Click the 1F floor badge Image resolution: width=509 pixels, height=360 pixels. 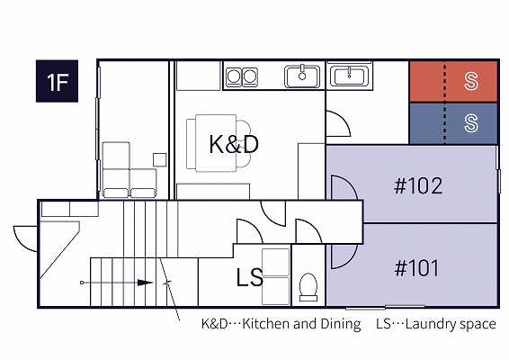pos(57,81)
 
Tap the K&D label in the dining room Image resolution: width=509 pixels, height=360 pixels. pos(234,144)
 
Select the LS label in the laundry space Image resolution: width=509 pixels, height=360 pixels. pos(249,277)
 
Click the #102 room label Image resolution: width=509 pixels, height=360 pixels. pos(418,185)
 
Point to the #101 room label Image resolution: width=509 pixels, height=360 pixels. pos(416,268)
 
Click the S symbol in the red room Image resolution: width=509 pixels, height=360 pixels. pos(470,81)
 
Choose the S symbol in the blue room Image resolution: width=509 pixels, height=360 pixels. pos(470,123)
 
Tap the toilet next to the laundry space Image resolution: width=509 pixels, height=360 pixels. pos(308,287)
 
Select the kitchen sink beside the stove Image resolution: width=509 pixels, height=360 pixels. pos(302,76)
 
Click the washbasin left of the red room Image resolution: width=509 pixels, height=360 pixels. pos(349,76)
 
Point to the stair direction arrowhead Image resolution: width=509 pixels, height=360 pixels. pos(145,283)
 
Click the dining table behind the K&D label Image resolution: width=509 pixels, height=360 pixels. pos(216,143)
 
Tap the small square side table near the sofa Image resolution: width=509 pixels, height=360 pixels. pos(160,160)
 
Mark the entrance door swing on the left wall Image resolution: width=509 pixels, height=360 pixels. pos(25,238)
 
